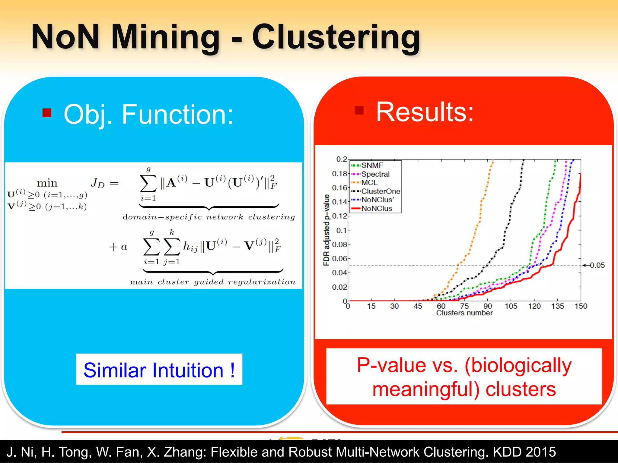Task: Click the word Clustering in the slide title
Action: tap(336, 37)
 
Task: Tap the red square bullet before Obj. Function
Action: tap(47, 113)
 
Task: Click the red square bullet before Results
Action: tap(359, 110)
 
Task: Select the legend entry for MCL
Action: tap(369, 183)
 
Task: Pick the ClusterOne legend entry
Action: tap(381, 191)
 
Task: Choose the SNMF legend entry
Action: tap(372, 165)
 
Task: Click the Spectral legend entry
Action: tap(375, 174)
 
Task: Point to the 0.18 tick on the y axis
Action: tap(339, 174)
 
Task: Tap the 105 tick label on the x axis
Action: tap(511, 306)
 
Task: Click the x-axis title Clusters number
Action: tap(464, 313)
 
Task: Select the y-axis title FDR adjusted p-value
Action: tap(327, 230)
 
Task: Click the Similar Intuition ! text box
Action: tap(159, 370)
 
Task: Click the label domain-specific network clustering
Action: tap(209, 217)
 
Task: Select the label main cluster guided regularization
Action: tap(212, 282)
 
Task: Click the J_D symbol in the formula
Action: tap(97, 183)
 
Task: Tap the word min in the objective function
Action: tap(47, 183)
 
